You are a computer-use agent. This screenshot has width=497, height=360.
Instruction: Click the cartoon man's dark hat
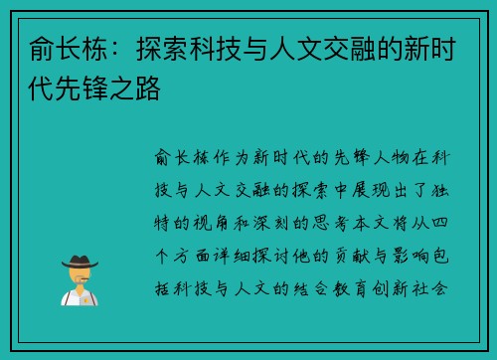point(79,261)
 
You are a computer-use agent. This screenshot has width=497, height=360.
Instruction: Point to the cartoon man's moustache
point(79,279)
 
